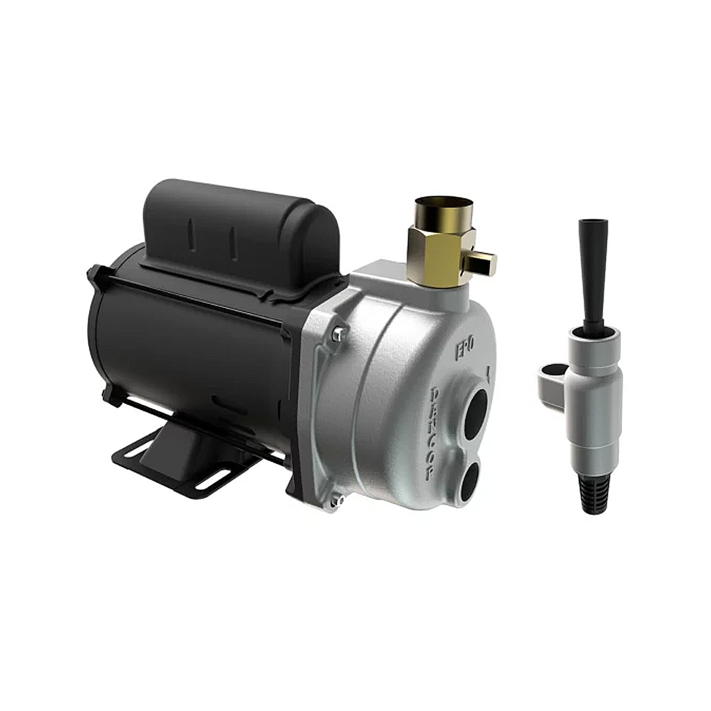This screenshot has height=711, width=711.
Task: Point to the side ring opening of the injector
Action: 552,373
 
